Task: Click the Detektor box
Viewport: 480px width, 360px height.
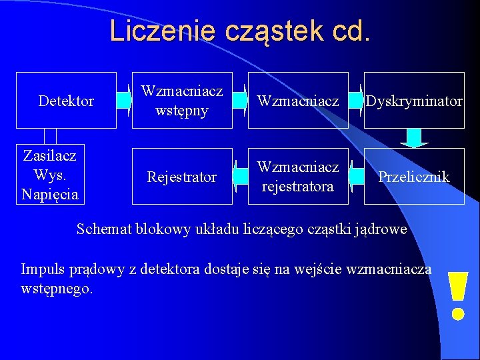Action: tap(66, 101)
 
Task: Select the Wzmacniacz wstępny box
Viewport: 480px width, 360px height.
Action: tap(182, 101)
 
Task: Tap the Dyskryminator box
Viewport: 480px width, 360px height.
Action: tap(414, 101)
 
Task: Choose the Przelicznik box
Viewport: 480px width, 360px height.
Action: tap(414, 177)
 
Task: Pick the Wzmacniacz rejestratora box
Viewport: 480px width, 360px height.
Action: tap(298, 177)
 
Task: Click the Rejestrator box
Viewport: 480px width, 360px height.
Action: tap(182, 177)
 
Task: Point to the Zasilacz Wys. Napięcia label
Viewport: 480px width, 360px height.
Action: tap(50, 175)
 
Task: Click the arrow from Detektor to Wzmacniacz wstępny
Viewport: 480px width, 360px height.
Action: tap(125, 101)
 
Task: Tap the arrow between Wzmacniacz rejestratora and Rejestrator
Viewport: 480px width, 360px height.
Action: tap(241, 177)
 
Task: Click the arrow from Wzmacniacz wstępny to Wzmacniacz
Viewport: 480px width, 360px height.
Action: tap(241, 101)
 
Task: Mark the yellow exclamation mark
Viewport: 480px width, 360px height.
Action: tap(457, 295)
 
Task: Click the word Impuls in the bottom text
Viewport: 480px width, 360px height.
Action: tap(42, 270)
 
